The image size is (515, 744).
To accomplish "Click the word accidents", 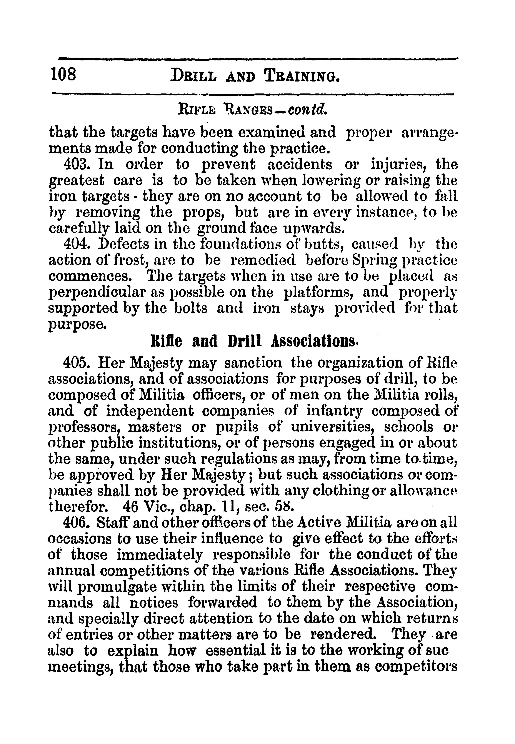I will pos(300,165).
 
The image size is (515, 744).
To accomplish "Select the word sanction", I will pos(253,363).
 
